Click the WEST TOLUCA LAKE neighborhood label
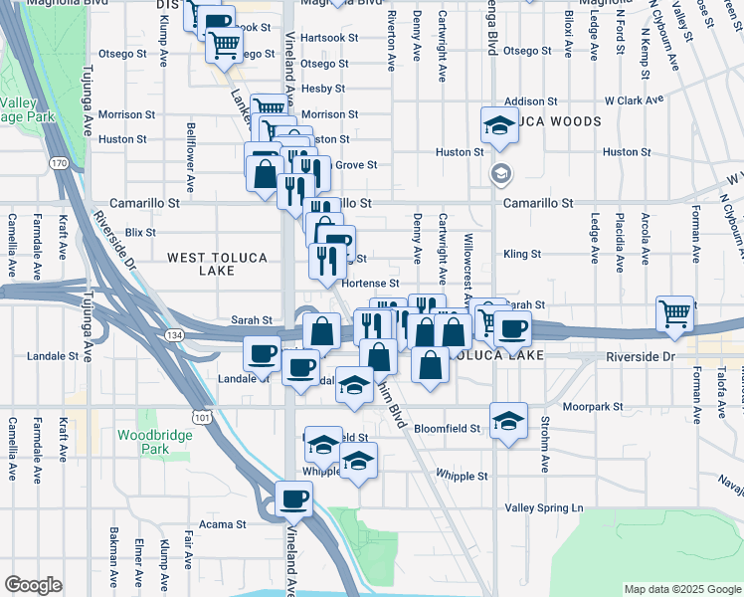pyautogui.click(x=217, y=264)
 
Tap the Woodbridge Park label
pyautogui.click(x=143, y=442)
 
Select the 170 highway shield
pyautogui.click(x=59, y=162)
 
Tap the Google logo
pyautogui.click(x=33, y=585)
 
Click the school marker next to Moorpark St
pyautogui.click(x=507, y=419)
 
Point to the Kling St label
pyautogui.click(x=522, y=254)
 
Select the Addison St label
pyautogui.click(x=524, y=101)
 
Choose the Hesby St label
pyautogui.click(x=323, y=89)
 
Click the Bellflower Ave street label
pyautogui.click(x=190, y=157)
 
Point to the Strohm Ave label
pyautogui.click(x=545, y=451)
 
